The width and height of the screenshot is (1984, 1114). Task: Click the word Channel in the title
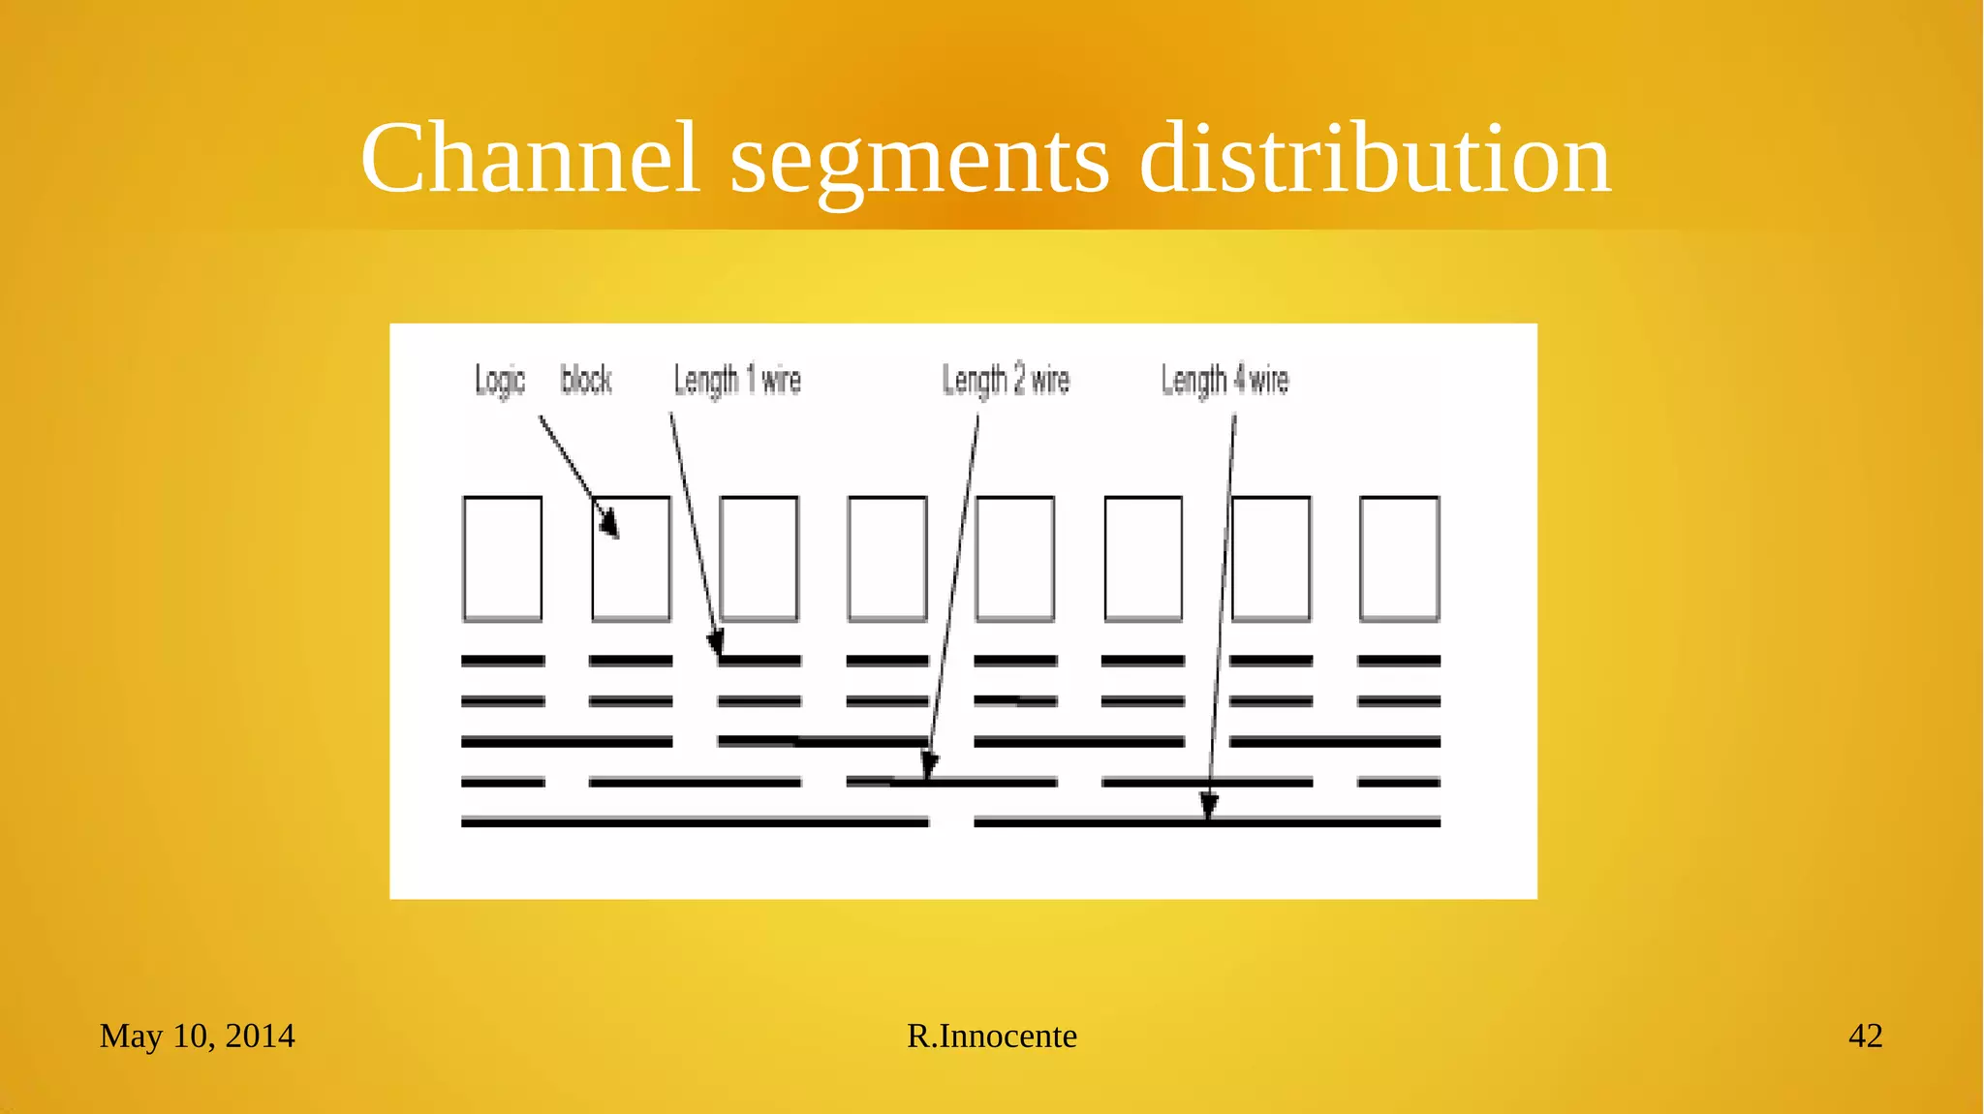(530, 158)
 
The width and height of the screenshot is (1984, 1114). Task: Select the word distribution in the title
(1375, 158)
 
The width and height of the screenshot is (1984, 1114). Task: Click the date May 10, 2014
(197, 1036)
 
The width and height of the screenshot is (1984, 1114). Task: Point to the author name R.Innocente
(991, 1036)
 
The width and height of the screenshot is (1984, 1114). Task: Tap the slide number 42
(1865, 1036)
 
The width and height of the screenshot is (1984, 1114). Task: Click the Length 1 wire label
(737, 381)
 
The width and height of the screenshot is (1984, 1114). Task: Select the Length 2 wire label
(1006, 381)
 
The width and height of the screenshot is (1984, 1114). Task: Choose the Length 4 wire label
(1224, 381)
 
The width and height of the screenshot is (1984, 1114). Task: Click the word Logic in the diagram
(500, 381)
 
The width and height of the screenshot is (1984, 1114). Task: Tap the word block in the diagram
(586, 380)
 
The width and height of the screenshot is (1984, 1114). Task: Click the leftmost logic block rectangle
(502, 559)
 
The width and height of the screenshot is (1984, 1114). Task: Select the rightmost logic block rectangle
(1399, 559)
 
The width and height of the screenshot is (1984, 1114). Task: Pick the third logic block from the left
(759, 559)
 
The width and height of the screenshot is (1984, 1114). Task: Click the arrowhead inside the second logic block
(608, 522)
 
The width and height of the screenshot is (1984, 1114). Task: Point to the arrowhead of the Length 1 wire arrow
(716, 643)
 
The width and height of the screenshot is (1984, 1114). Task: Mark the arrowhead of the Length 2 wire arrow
(928, 764)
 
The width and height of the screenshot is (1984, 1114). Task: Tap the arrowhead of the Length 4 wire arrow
(1209, 805)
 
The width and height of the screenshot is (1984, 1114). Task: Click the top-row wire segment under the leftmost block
(503, 661)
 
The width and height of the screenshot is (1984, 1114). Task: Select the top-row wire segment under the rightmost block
(1399, 661)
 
